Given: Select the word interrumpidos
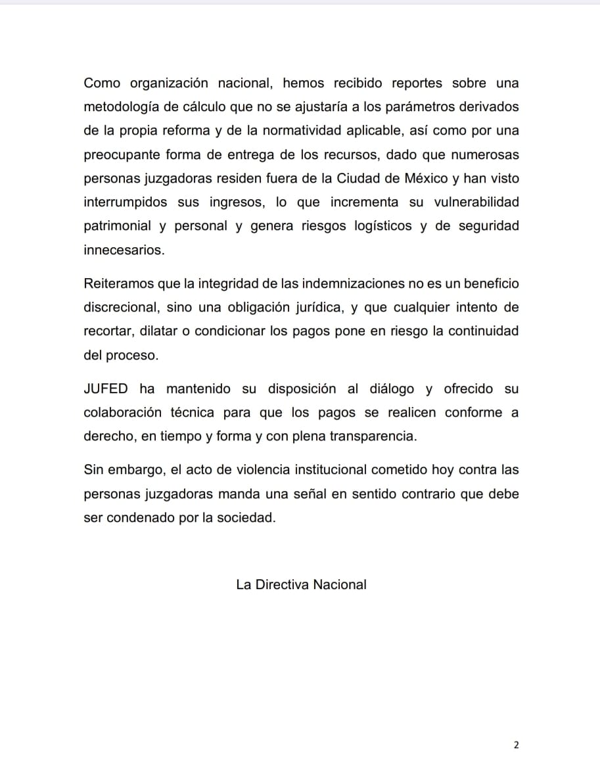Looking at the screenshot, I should (x=126, y=202).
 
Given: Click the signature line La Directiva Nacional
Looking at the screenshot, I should (x=301, y=584).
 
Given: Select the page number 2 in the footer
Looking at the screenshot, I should (x=516, y=745).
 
